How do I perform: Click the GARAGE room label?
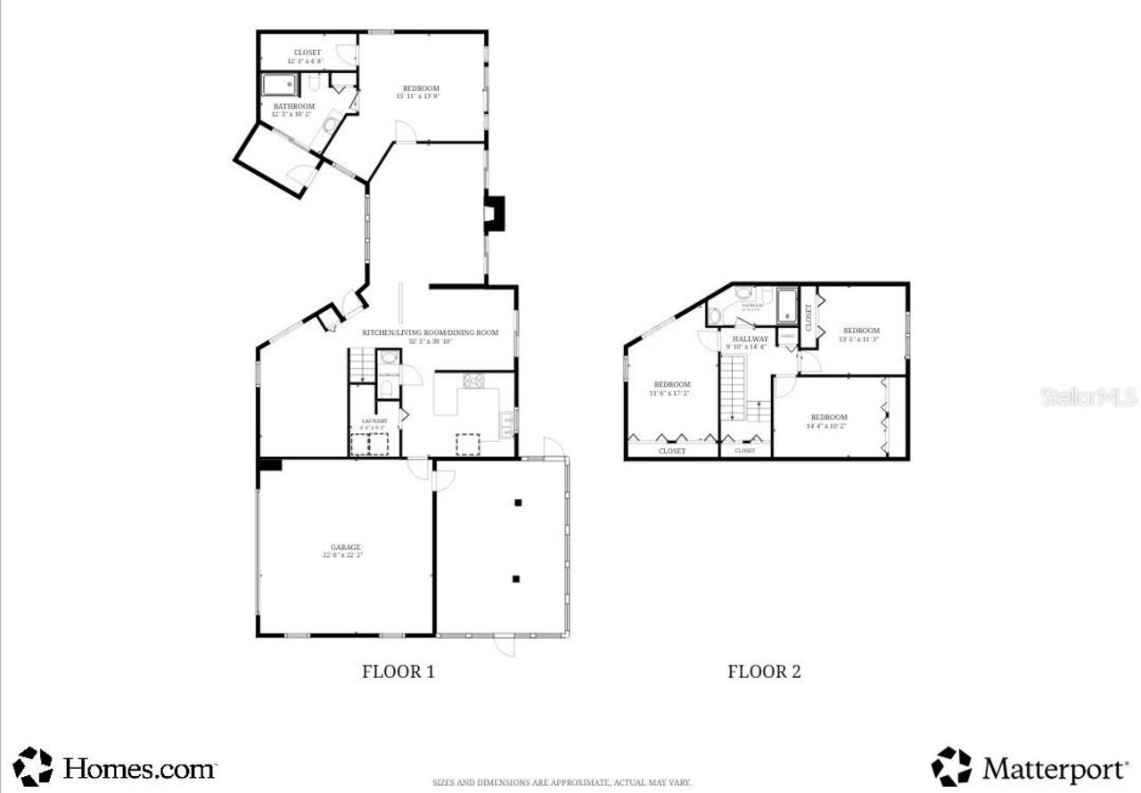click(x=342, y=547)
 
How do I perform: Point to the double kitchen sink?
click(x=506, y=422)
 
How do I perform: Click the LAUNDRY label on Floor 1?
click(x=373, y=421)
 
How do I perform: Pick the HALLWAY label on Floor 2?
click(x=750, y=339)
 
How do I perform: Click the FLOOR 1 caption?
click(x=398, y=672)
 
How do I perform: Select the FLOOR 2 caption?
click(x=764, y=672)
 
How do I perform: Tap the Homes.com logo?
click(x=116, y=767)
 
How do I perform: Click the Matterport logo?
click(x=1030, y=767)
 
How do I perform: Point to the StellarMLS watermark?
click(x=1088, y=396)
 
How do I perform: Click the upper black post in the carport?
click(x=516, y=503)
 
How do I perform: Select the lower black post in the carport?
click(x=516, y=579)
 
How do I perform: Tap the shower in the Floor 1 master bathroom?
click(x=280, y=86)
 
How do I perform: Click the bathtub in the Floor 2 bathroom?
click(x=787, y=306)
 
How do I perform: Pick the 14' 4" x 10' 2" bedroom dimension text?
click(x=828, y=426)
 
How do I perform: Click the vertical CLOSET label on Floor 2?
click(x=809, y=317)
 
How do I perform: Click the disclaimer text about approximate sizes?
click(x=562, y=783)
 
